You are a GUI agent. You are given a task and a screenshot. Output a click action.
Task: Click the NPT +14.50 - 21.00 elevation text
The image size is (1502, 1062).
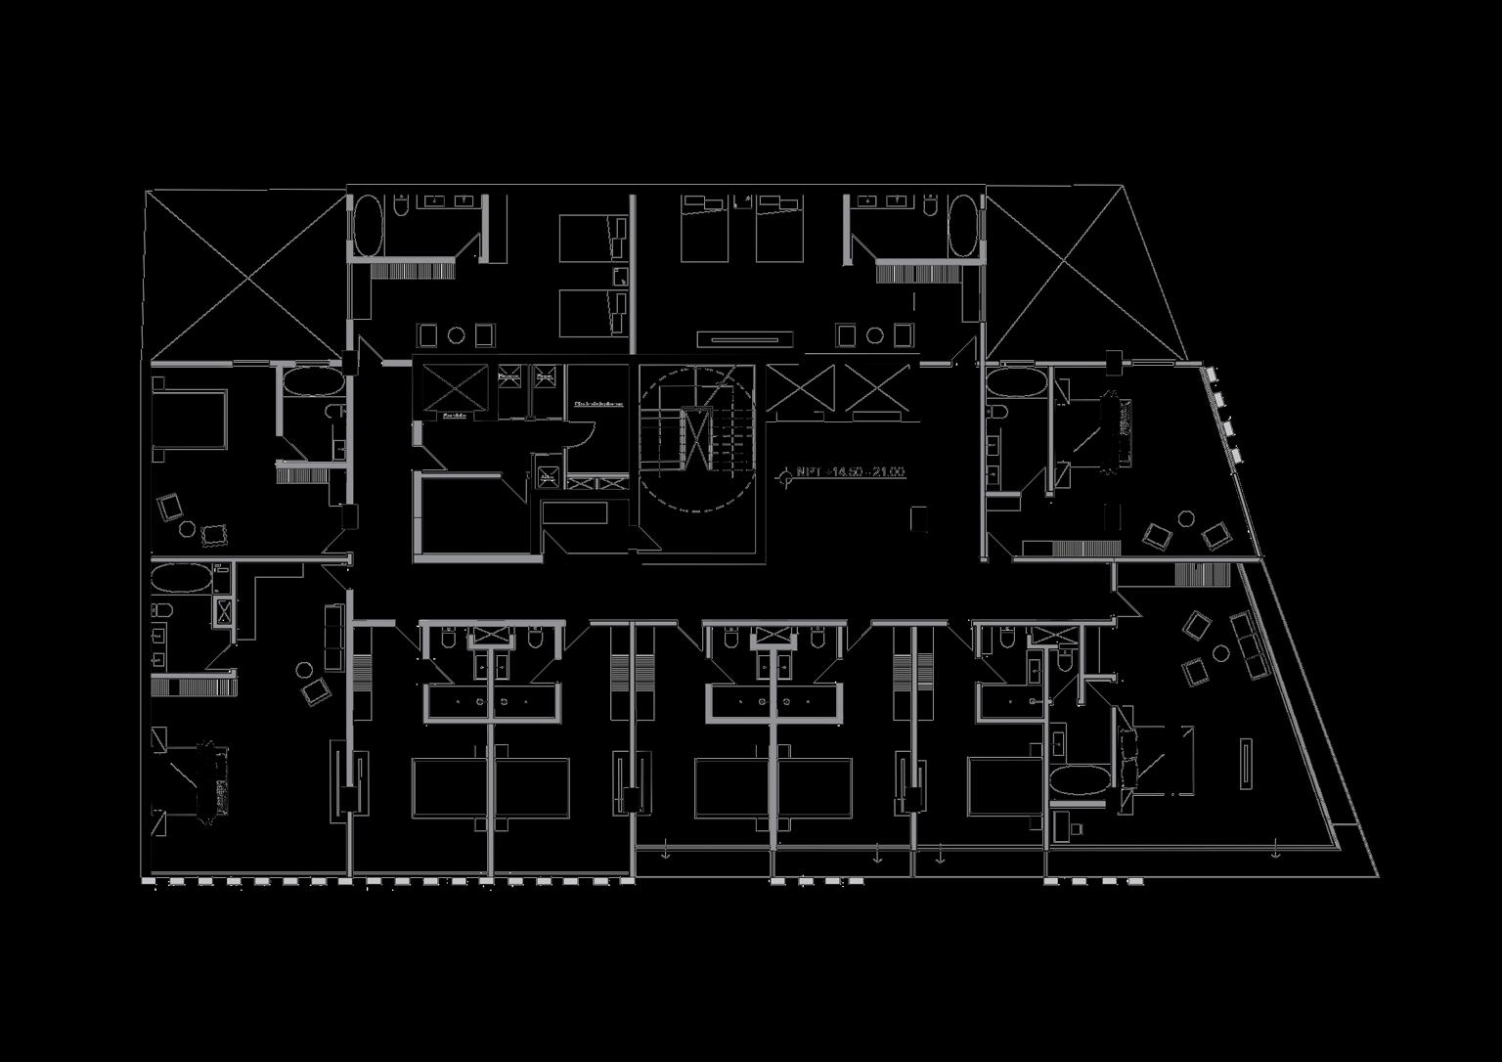click(850, 472)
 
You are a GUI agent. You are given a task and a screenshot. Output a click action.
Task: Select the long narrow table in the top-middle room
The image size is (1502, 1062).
click(744, 339)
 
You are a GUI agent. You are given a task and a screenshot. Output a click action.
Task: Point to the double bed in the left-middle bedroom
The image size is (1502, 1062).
click(192, 420)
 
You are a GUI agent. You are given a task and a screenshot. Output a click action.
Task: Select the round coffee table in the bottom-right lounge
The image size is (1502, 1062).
click(1220, 652)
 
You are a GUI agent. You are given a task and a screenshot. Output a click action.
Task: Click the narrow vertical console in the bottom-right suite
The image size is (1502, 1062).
click(1247, 763)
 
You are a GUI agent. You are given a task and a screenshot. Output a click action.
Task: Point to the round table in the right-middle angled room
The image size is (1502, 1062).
click(1186, 518)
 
